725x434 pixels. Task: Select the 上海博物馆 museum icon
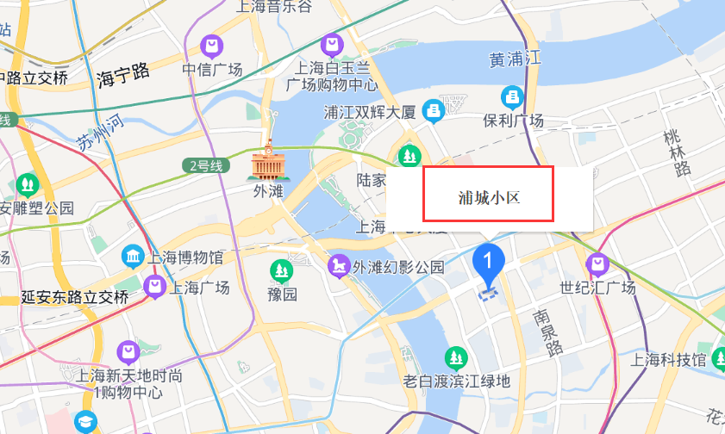[x=134, y=257]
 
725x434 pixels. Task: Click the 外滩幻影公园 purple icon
[x=339, y=266]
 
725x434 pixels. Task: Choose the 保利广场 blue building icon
[x=513, y=96]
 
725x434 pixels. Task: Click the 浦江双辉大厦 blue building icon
[x=433, y=109]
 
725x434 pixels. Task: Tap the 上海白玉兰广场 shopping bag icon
[x=331, y=43]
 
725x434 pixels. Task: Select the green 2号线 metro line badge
[x=203, y=164]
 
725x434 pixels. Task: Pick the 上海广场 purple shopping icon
[x=155, y=286]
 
